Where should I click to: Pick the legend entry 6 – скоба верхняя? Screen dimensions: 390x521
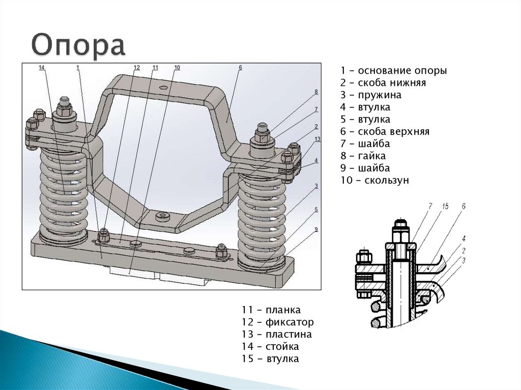pos(385,132)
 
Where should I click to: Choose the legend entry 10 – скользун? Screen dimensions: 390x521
pos(375,181)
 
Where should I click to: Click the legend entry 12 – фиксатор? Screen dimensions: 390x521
pos(278,322)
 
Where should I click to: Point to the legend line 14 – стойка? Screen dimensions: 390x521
pos(270,347)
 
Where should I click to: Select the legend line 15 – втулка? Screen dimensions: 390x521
pos(270,359)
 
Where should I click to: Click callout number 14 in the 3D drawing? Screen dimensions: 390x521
pos(42,68)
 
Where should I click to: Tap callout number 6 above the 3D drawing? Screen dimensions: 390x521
pos(240,68)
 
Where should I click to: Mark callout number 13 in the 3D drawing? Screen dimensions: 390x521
pos(317,139)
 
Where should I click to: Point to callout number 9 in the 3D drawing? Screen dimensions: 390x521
pos(316,229)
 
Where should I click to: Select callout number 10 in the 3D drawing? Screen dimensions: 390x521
pos(177,68)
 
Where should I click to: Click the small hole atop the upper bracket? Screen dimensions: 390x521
pos(162,88)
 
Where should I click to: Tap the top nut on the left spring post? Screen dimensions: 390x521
pos(64,109)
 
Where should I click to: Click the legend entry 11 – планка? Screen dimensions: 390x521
pos(271,310)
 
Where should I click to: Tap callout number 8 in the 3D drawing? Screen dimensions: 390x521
pos(316,92)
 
